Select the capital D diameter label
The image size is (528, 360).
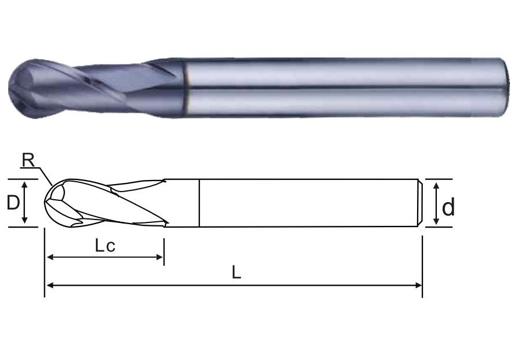[13, 203]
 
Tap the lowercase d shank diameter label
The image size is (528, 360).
[448, 207]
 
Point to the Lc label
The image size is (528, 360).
[105, 246]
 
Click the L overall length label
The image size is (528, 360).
[236, 272]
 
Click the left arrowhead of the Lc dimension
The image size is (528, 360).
[50, 257]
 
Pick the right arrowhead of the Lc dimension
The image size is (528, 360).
[159, 257]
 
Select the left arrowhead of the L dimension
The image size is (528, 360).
[50, 286]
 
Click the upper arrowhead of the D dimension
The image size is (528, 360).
[24, 185]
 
